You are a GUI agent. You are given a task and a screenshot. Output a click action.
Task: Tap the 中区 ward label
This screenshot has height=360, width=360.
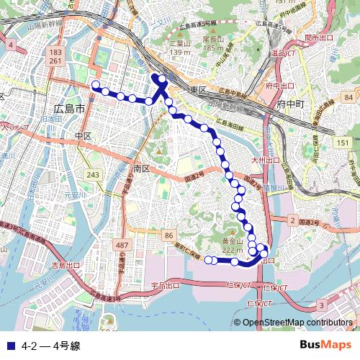coord(84,135)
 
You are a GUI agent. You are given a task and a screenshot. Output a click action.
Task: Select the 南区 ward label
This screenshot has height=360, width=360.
coord(141,168)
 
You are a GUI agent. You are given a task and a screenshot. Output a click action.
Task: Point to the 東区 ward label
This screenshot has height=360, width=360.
coord(198,90)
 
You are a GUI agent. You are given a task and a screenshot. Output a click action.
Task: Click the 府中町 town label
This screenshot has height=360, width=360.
coord(291,104)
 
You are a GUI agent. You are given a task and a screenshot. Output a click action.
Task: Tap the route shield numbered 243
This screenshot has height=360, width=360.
coord(93,175)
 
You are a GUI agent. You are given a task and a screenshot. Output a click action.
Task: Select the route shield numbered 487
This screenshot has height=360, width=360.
coord(122,246)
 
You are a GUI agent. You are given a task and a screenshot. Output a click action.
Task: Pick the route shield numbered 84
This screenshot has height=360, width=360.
coord(348,97)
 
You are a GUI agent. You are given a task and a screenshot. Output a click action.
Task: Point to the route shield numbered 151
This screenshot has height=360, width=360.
coord(343,144)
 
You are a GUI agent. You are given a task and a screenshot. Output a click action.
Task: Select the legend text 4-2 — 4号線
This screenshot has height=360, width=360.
coord(51,345)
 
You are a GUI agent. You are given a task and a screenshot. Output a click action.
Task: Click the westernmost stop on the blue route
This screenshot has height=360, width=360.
coord(95,86)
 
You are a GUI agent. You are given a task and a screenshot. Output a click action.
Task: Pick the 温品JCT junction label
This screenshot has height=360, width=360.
coord(284,53)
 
